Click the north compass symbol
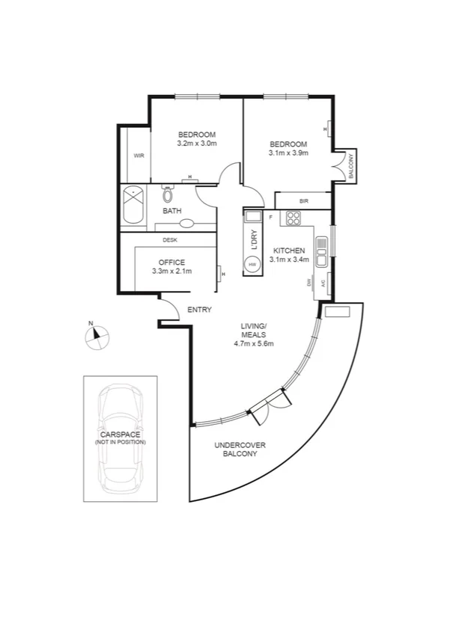coord(97,337)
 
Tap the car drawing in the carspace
coord(120,438)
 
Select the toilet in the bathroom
coord(168,196)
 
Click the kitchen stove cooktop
coord(292,218)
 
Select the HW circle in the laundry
coord(252,265)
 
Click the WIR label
coord(139,156)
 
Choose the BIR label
coord(303,201)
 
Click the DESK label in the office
coord(170,240)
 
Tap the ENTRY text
coord(199,310)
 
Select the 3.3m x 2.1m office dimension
coord(171,272)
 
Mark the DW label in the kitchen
coord(308,282)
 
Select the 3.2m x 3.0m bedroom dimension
coord(197,143)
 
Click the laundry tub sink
coord(252,218)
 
